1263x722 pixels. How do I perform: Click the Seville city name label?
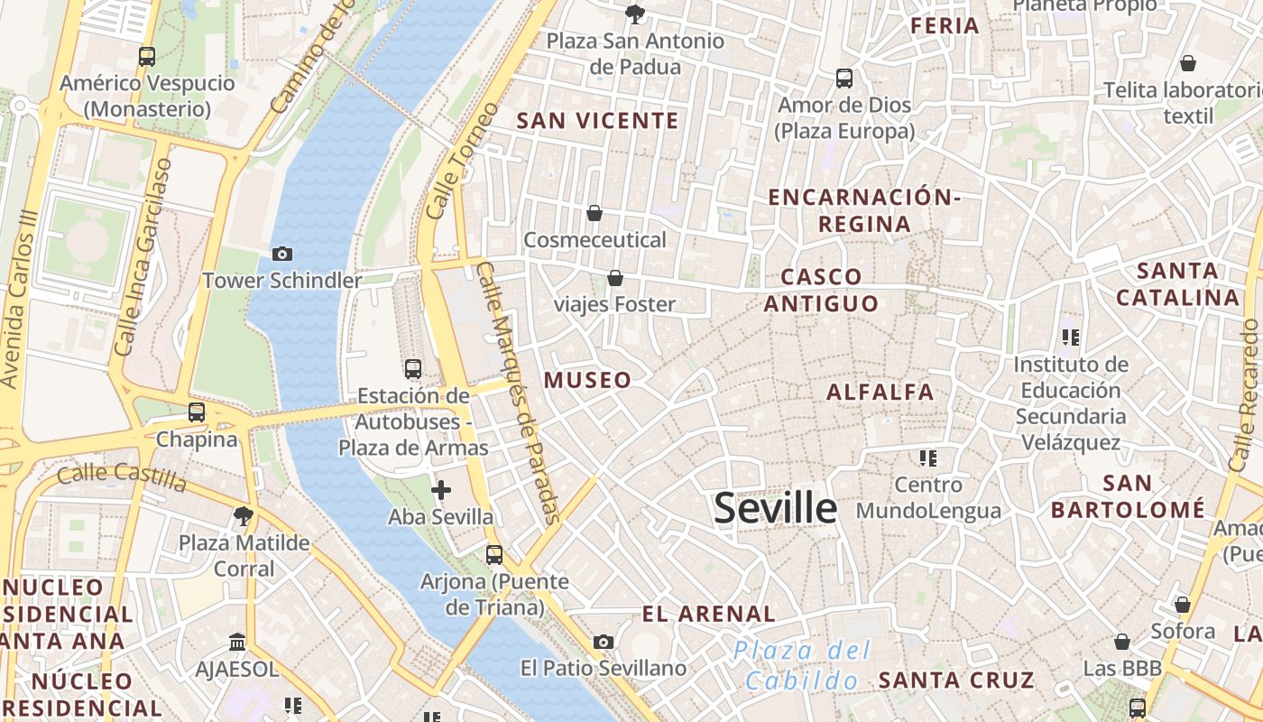click(x=776, y=508)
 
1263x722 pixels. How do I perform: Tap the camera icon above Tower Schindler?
click(x=282, y=254)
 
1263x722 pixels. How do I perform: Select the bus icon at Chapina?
click(x=197, y=412)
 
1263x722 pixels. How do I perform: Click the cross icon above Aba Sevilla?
click(x=441, y=490)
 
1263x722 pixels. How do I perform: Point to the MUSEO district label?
click(x=587, y=380)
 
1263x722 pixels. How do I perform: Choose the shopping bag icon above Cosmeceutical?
click(x=595, y=213)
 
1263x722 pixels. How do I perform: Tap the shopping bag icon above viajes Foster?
click(x=615, y=278)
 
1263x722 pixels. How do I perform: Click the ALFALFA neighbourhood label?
click(x=880, y=392)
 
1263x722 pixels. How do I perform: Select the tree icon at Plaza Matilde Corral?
click(x=243, y=516)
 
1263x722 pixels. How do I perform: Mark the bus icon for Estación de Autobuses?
click(x=413, y=368)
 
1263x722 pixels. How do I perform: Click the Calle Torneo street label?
click(x=461, y=161)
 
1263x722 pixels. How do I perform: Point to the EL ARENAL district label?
click(x=708, y=614)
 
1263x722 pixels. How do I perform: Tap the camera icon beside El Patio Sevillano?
click(x=604, y=642)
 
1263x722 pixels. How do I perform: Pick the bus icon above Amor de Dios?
click(x=844, y=79)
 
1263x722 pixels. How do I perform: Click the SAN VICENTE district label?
click(x=597, y=120)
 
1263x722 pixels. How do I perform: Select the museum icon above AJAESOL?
click(x=237, y=642)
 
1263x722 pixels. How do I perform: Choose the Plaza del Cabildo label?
click(x=802, y=665)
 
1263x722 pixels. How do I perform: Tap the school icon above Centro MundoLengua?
click(x=928, y=458)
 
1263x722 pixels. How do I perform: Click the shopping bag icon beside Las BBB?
click(x=1122, y=642)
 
